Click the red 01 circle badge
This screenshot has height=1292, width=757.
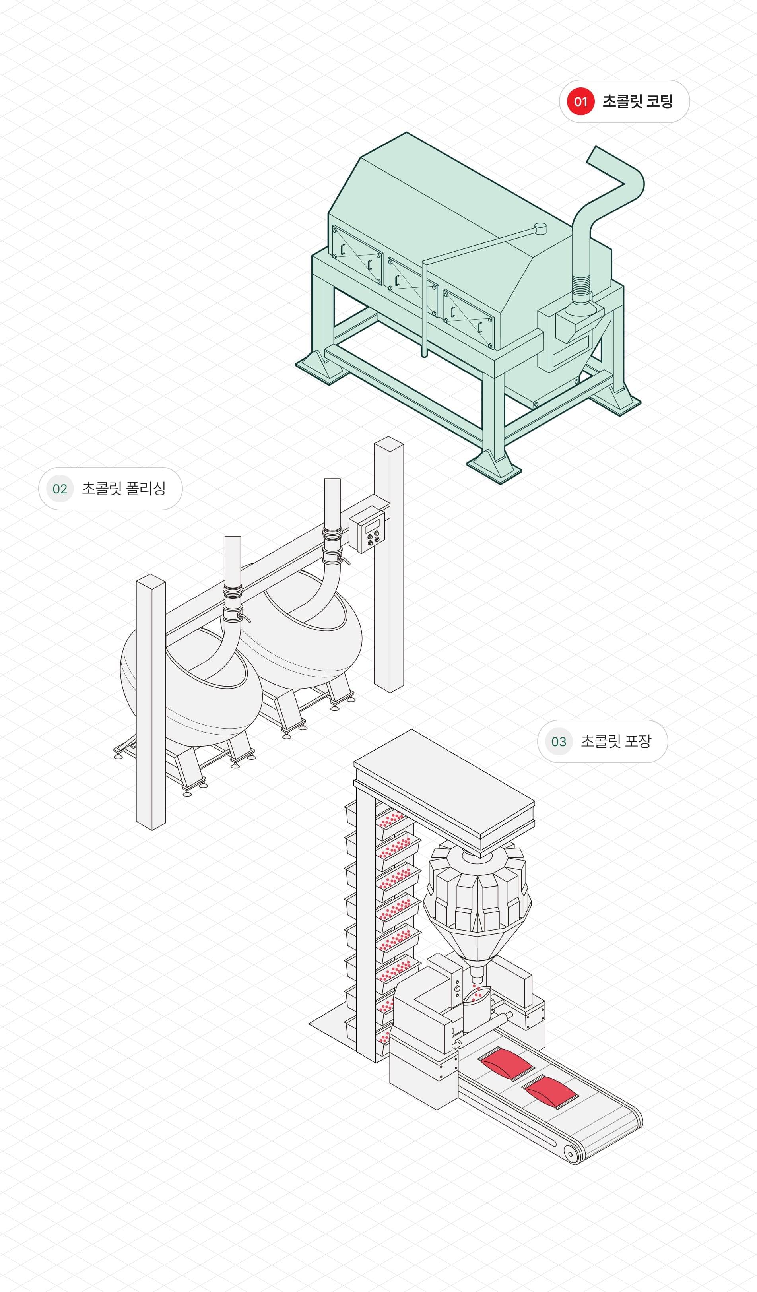[x=580, y=101]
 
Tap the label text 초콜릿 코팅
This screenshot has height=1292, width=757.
[x=637, y=101]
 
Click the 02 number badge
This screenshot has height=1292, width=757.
[x=60, y=489]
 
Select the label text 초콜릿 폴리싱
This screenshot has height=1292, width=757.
[x=124, y=489]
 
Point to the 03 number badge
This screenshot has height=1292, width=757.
[x=559, y=741]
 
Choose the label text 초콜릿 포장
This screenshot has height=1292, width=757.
[x=616, y=741]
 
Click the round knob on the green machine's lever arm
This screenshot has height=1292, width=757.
[x=540, y=229]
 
